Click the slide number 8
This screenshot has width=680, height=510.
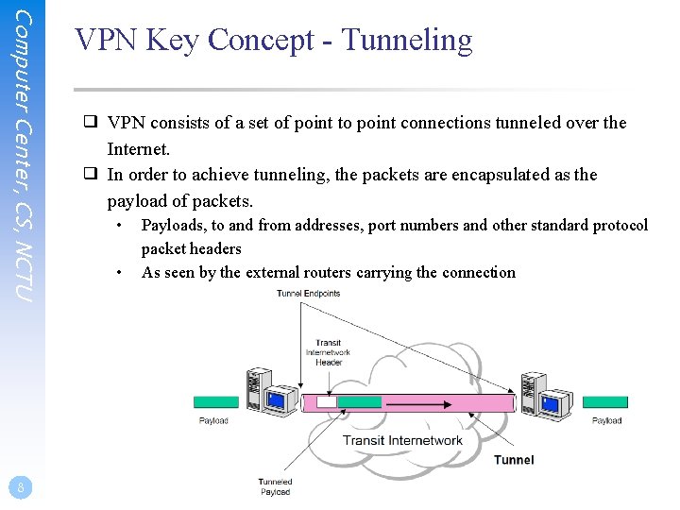click(x=20, y=487)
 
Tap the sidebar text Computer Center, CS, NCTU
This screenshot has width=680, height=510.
click(x=25, y=156)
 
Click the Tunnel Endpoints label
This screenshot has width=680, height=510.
click(x=308, y=294)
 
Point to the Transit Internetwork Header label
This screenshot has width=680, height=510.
click(x=328, y=352)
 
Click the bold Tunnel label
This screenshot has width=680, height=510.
click(x=514, y=460)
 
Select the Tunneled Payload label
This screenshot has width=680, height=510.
click(x=275, y=486)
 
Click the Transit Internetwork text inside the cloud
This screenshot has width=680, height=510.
click(x=402, y=440)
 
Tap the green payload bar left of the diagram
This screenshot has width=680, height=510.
click(x=216, y=402)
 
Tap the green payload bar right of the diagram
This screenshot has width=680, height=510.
click(x=605, y=402)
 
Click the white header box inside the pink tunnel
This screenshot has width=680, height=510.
click(x=326, y=402)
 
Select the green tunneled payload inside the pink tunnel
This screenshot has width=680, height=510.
click(x=360, y=402)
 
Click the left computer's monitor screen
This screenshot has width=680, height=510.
click(x=277, y=399)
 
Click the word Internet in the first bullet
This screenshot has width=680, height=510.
click(x=138, y=149)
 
